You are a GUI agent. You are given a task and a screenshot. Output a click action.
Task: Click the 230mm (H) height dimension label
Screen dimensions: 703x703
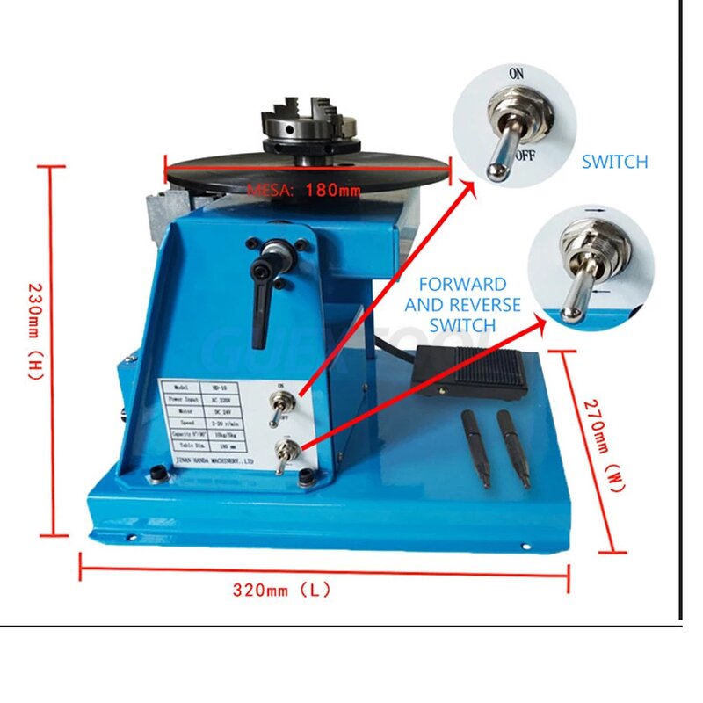35,330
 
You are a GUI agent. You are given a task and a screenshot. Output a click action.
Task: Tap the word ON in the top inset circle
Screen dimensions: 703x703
516,74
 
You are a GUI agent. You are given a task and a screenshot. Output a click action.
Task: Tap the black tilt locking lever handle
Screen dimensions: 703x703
260,299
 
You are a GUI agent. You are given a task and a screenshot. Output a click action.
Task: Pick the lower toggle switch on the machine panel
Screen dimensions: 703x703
282,457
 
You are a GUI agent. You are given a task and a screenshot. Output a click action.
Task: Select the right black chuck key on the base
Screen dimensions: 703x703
514,446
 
